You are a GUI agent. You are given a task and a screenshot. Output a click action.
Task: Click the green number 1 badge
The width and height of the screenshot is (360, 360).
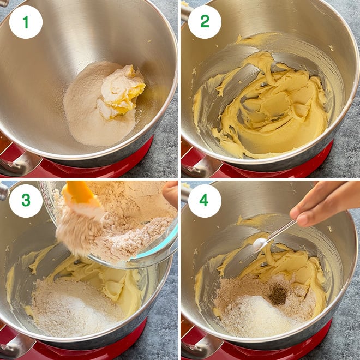26,22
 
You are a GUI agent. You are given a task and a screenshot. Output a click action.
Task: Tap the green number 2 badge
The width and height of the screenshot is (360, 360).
205,22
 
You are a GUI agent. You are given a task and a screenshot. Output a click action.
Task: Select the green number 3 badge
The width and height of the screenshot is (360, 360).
26,201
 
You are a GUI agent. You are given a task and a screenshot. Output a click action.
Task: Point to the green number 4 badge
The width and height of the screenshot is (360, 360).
205,201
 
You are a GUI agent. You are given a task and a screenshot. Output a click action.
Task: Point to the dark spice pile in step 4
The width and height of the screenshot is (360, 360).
278,295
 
